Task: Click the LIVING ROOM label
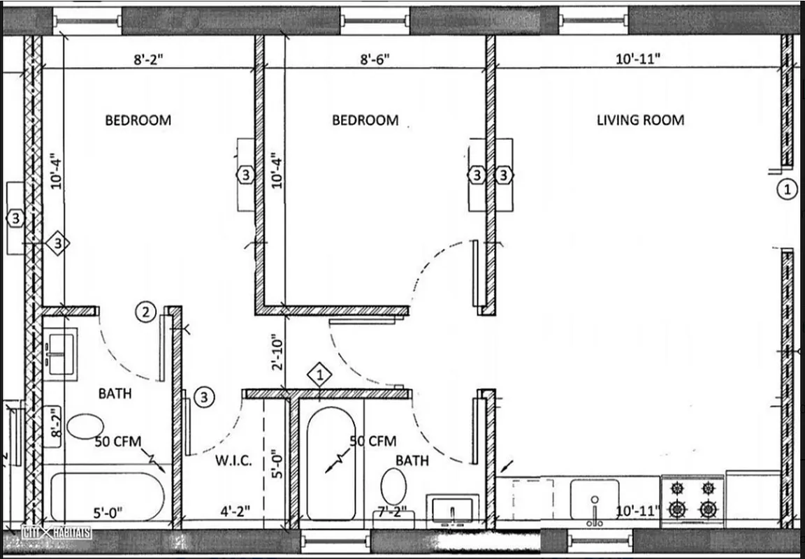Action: click(640, 120)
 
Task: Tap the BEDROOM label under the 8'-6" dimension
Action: click(365, 120)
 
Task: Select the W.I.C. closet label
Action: click(233, 461)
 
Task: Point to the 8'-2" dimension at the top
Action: click(148, 60)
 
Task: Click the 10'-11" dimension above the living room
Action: click(639, 60)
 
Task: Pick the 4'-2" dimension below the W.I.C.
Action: click(235, 512)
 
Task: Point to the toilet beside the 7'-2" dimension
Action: click(395, 484)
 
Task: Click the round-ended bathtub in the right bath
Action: click(332, 465)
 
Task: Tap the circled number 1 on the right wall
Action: click(787, 189)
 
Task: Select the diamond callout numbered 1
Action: click(319, 375)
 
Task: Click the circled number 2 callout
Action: click(145, 312)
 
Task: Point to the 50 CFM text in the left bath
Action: click(119, 441)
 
